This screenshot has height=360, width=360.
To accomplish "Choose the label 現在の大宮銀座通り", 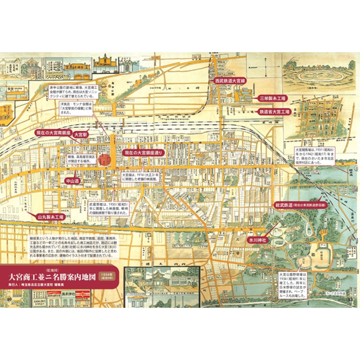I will (144, 153).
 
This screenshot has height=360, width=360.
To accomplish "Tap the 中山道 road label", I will (72, 180).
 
